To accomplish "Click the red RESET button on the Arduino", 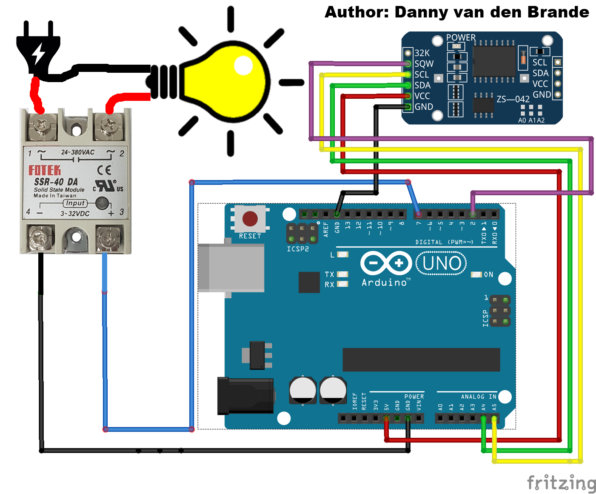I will click(250, 219).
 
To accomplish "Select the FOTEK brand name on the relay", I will click(45, 171).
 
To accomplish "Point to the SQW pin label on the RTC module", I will click(424, 64).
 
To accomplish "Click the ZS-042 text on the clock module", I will click(513, 99).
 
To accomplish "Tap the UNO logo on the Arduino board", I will click(441, 263).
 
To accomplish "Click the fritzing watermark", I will click(561, 483).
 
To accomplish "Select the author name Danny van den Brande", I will click(492, 12).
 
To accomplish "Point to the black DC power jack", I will click(245, 396).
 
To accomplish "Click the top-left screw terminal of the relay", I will click(42, 126).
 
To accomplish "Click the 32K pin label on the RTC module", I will click(422, 53).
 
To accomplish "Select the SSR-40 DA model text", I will click(56, 182).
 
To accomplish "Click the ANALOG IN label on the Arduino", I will click(478, 397).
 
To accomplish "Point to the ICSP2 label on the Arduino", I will click(298, 249).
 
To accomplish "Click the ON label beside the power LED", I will click(488, 275).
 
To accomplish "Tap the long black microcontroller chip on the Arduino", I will click(421, 360).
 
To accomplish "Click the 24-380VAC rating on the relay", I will click(77, 152).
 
